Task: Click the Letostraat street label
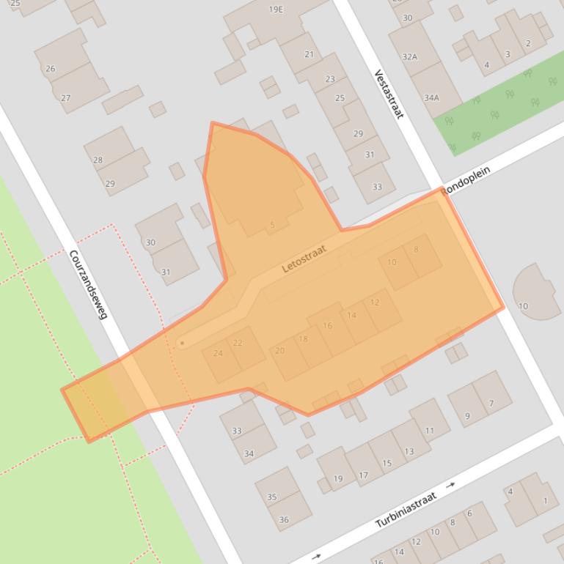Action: click(x=304, y=259)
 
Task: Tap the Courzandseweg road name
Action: click(x=88, y=284)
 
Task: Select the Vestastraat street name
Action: click(x=389, y=94)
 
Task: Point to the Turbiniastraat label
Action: click(x=406, y=510)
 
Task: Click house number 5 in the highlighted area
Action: click(x=272, y=225)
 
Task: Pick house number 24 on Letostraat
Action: click(x=218, y=353)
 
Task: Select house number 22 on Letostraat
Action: click(x=238, y=343)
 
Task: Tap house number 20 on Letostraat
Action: click(x=279, y=351)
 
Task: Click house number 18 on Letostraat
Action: click(x=303, y=338)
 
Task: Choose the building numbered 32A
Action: click(x=409, y=56)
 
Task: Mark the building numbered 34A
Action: click(x=431, y=97)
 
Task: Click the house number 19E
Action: click(x=275, y=10)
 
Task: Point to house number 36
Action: click(x=284, y=520)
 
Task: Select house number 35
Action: click(x=271, y=497)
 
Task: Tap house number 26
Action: click(x=50, y=69)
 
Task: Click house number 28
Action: click(x=98, y=160)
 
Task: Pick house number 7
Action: click(x=491, y=403)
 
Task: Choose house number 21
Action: click(x=309, y=54)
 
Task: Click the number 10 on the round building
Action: click(x=523, y=306)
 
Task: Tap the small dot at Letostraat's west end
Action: click(x=182, y=343)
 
